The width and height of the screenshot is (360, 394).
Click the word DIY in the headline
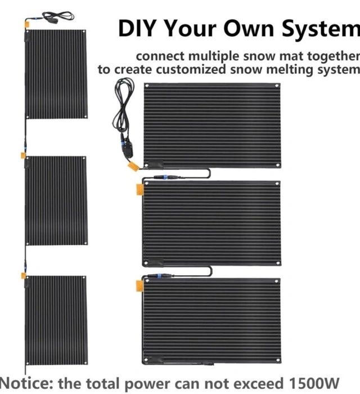(137, 28)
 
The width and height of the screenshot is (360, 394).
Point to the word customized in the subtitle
(191, 70)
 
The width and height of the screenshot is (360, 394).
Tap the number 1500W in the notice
(314, 383)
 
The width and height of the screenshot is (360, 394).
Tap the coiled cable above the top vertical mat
(58, 16)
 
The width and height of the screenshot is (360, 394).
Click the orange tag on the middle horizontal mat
(140, 190)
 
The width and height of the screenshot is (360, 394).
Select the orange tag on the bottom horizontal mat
(139, 286)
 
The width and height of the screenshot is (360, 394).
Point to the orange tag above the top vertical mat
(26, 25)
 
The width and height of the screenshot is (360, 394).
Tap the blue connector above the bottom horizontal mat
(159, 276)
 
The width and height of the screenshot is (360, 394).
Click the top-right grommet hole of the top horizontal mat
(277, 86)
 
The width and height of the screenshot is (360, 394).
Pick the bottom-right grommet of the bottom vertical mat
(85, 362)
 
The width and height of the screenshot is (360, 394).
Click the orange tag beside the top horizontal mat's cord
(133, 167)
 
